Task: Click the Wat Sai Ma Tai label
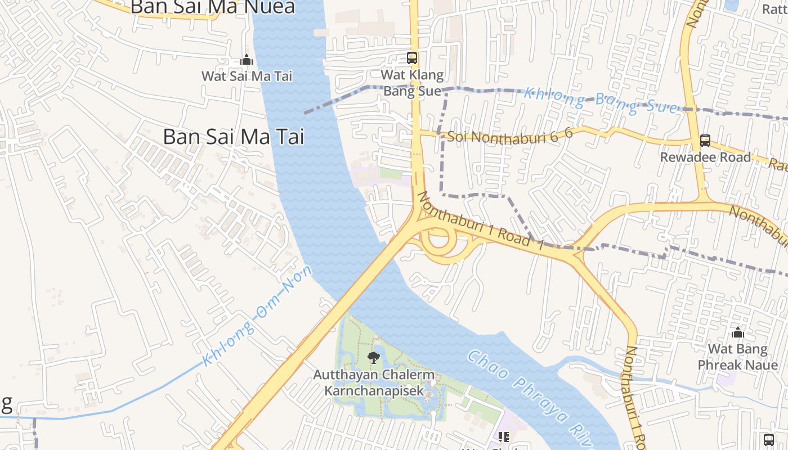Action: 247,76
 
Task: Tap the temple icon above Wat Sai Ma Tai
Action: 247,60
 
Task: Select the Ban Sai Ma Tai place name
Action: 234,137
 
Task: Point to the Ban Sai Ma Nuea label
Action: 213,7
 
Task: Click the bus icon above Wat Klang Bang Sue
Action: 412,57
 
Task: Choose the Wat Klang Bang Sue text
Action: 412,83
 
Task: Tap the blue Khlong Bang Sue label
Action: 600,101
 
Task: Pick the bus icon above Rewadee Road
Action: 705,141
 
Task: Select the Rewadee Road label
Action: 705,157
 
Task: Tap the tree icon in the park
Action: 373,357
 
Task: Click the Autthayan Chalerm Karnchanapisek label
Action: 374,382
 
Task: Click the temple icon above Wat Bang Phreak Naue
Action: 738,332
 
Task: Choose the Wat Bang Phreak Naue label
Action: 737,357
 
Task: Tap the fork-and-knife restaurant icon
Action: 503,437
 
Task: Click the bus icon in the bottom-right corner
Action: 769,439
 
